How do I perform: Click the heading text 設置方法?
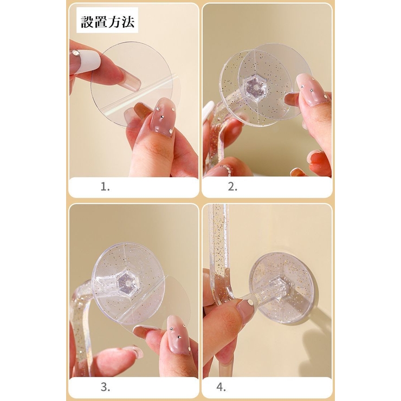(108, 22)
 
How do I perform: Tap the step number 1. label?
(105, 187)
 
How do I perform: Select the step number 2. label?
(232, 187)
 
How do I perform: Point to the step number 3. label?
(105, 387)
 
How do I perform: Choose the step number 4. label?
(221, 387)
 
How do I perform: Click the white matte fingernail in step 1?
(85, 61)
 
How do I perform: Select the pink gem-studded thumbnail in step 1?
(163, 118)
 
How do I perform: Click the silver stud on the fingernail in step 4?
(250, 303)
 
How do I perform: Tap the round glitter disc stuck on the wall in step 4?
(282, 287)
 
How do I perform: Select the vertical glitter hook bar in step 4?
(219, 253)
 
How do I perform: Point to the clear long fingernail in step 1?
(127, 74)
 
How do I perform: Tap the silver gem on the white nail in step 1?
(76, 53)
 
